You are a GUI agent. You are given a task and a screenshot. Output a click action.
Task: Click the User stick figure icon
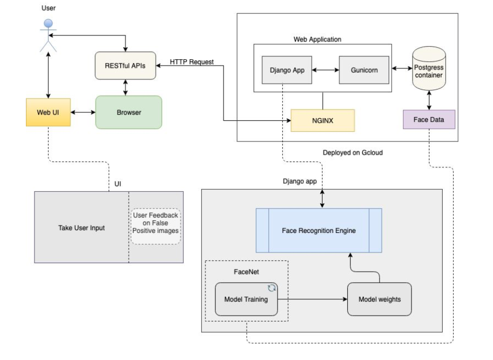coord(48,35)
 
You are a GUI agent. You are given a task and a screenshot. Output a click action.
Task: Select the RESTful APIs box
coord(126,66)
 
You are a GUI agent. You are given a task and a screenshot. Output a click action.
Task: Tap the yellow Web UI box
coord(48,112)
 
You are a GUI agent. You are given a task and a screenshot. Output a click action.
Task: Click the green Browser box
coord(129,112)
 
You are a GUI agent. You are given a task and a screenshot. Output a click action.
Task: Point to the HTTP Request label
coord(192,62)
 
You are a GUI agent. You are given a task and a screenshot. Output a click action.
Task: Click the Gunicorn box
coord(364,70)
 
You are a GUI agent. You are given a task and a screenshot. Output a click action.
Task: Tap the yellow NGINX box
coord(322,120)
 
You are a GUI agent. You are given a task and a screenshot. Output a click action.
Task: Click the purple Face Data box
coord(429,120)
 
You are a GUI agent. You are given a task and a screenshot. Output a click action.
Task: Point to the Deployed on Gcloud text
coord(353,152)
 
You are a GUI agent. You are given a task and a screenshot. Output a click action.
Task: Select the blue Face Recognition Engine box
coord(319,230)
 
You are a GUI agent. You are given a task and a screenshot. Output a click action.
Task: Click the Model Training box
coord(246,299)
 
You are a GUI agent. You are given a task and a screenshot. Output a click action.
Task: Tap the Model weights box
coord(379,299)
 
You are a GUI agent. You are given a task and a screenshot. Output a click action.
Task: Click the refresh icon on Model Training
coord(272,288)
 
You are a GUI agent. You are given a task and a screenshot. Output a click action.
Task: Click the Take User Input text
coord(82,228)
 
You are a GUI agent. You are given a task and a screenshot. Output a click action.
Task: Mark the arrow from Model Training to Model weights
coord(312,299)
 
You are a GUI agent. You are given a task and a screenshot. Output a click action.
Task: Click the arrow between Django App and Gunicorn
coord(325,70)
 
